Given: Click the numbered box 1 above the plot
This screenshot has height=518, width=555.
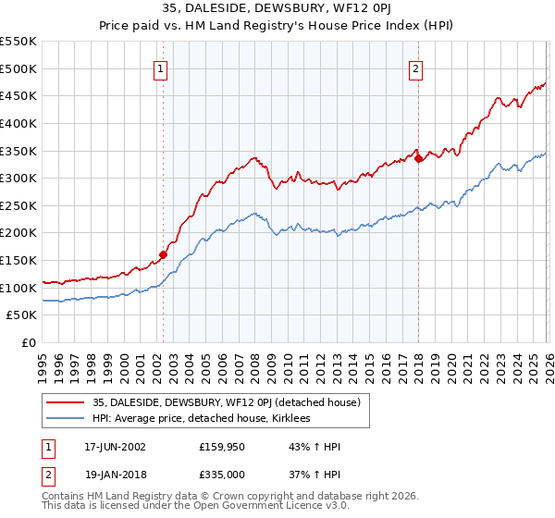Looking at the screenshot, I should click(162, 68).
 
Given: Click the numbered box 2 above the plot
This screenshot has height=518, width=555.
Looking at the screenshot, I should click(415, 68).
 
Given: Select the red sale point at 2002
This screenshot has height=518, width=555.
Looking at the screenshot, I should click(163, 254).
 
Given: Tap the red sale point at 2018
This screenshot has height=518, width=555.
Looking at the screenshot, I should click(418, 158).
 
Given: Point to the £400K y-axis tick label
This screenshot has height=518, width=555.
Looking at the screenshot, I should click(19, 123).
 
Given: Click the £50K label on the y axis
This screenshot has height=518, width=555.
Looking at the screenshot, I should click(23, 315).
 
